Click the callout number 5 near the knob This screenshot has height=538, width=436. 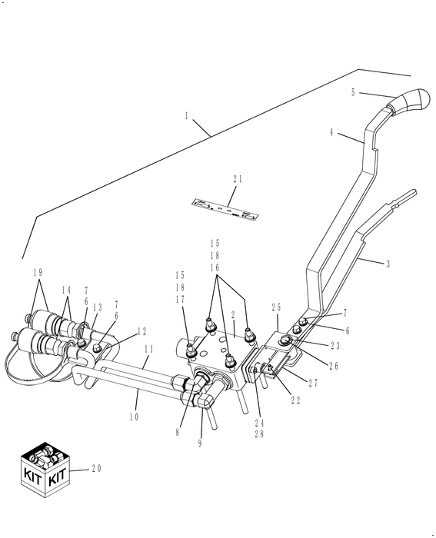pos(353,92)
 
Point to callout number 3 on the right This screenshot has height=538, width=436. pos(388,264)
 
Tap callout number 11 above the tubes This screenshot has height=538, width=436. pos(149,348)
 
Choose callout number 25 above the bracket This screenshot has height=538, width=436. pos(275,307)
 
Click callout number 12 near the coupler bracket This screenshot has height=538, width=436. pos(141,332)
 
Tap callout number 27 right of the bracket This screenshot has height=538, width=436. pos(312,382)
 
